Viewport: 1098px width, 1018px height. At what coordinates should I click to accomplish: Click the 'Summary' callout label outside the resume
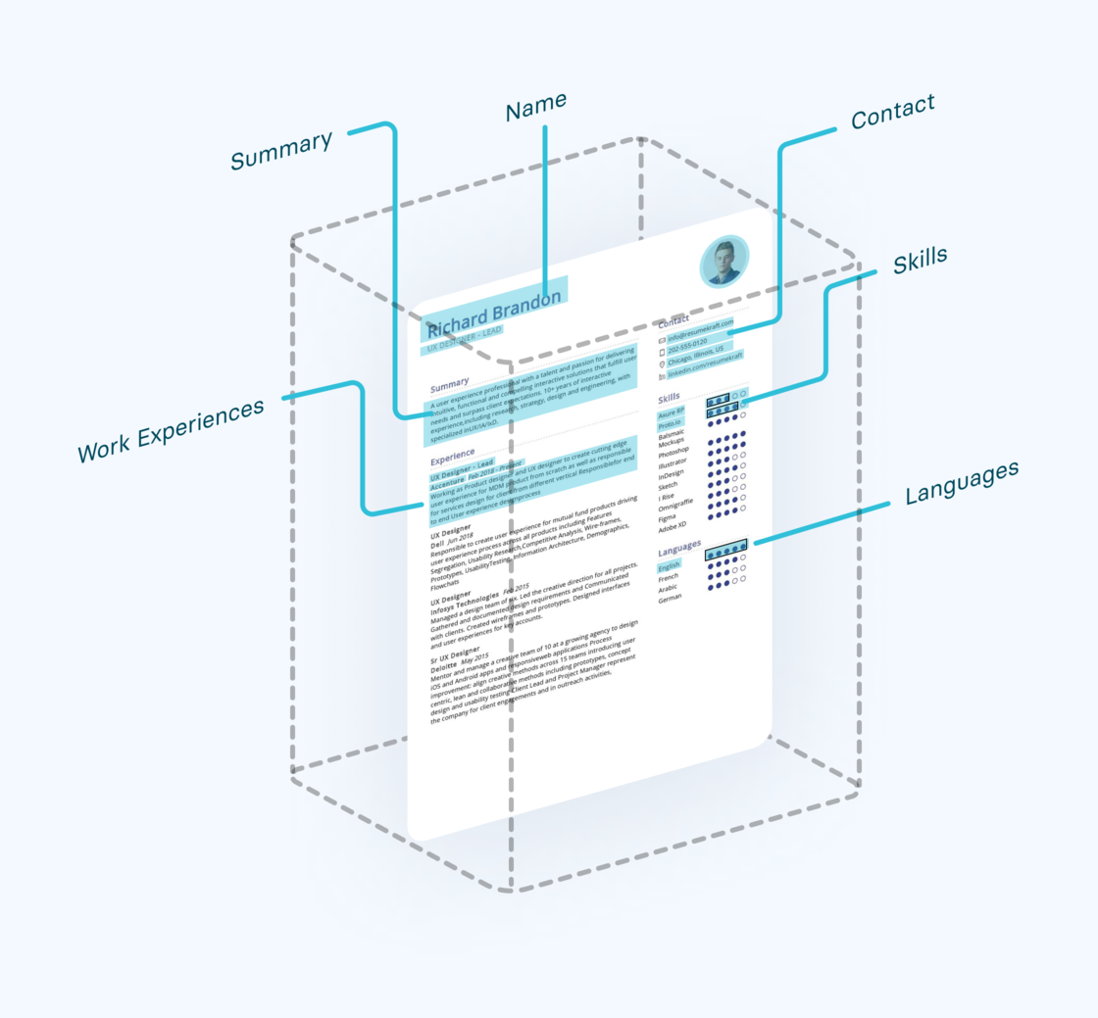point(281,150)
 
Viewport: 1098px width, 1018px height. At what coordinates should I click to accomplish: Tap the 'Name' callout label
point(535,108)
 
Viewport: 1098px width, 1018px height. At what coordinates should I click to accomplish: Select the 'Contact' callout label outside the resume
point(892,113)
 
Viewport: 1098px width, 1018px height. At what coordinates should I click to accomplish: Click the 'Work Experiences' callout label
point(171,431)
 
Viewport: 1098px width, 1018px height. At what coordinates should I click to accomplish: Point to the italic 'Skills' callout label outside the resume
point(920,262)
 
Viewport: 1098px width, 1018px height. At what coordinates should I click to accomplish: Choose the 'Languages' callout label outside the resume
point(961,483)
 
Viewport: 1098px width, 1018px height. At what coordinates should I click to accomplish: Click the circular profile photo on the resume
point(724,261)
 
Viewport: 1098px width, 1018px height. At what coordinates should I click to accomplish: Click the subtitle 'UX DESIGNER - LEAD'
point(464,339)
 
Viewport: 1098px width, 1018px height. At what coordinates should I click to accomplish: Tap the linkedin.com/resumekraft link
point(701,372)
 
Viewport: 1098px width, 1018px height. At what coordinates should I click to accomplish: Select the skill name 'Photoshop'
point(674,450)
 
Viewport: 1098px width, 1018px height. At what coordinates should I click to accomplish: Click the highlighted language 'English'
point(669,565)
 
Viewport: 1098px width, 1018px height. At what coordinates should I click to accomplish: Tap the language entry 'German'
point(670,597)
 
